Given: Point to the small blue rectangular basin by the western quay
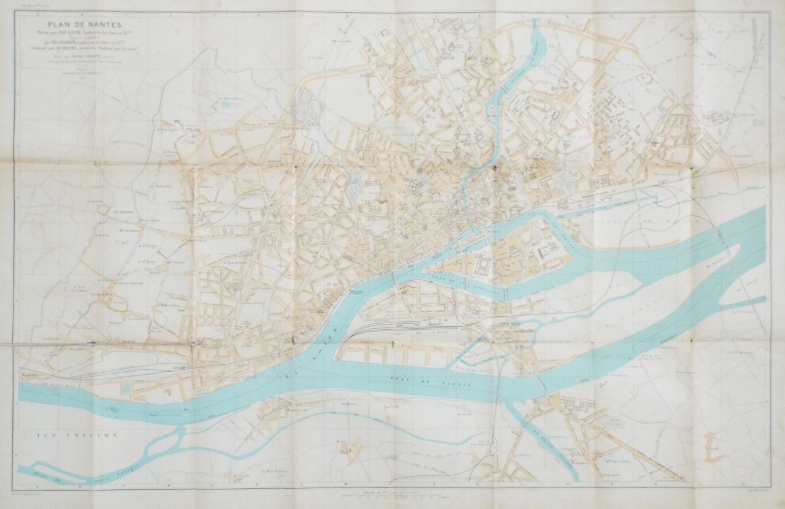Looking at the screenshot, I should click(x=126, y=387).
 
